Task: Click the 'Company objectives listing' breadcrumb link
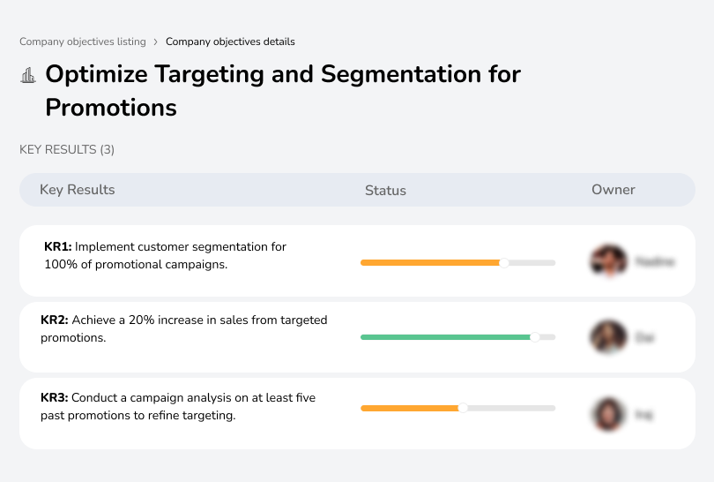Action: (x=83, y=41)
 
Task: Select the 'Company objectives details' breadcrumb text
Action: (x=230, y=41)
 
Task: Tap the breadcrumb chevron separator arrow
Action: (x=156, y=41)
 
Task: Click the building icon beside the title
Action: (x=28, y=75)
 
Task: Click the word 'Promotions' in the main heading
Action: (x=111, y=108)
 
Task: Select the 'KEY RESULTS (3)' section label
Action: (x=67, y=150)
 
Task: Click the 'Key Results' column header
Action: (x=77, y=190)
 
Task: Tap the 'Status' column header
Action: (x=385, y=190)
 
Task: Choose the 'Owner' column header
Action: (x=614, y=190)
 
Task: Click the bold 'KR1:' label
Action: (x=57, y=247)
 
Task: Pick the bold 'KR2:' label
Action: (x=55, y=320)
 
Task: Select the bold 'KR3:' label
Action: (x=55, y=398)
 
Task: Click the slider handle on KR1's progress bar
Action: (x=504, y=262)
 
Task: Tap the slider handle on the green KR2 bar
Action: (x=534, y=337)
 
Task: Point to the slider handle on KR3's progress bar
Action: (x=463, y=408)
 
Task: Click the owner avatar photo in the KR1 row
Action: (x=608, y=261)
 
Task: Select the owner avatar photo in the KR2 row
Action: (x=608, y=337)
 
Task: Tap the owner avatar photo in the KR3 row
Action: (x=608, y=413)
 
